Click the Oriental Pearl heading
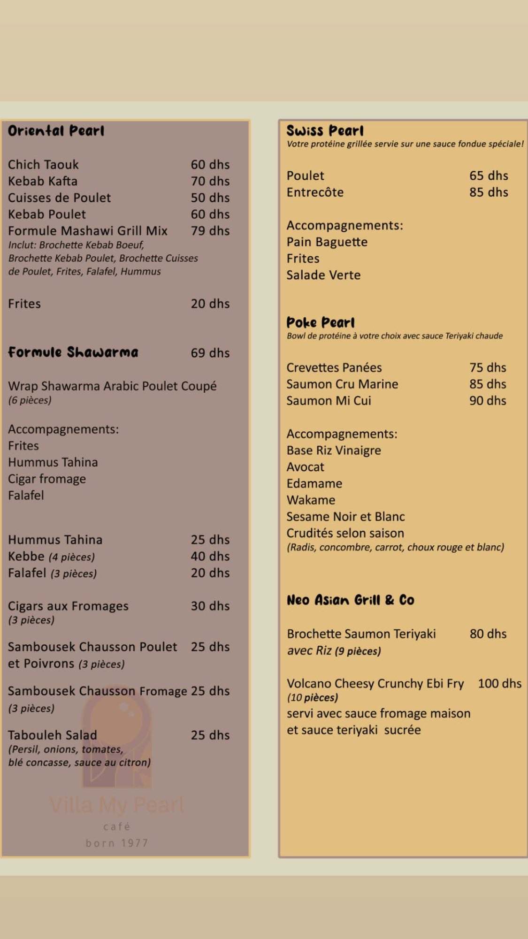point(56,131)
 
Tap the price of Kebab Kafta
point(210,181)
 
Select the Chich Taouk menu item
point(43,165)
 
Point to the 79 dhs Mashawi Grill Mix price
point(210,231)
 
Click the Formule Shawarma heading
point(73,352)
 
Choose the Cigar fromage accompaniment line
point(47,479)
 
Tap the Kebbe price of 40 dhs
point(210,557)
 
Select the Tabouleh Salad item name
point(52,735)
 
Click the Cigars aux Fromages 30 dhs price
point(210,606)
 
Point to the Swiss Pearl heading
point(325,131)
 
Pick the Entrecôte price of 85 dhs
point(489,192)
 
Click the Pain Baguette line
point(327,242)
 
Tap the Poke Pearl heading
point(321,323)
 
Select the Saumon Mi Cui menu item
point(329,401)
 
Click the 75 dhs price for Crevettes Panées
point(488,368)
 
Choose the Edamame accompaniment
point(314,484)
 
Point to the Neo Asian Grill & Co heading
point(351,600)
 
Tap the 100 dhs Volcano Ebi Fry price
point(499,684)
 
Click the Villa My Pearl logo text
point(117,806)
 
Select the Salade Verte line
point(323,275)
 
